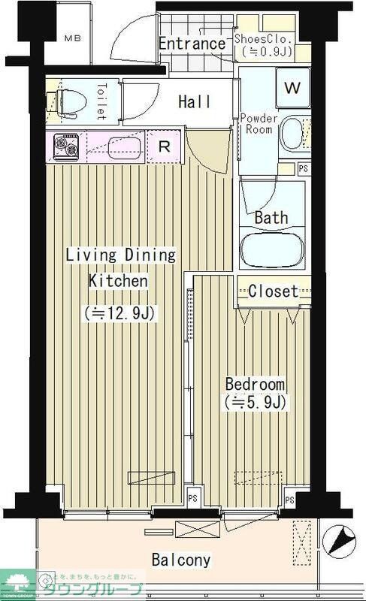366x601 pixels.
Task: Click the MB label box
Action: tap(71, 38)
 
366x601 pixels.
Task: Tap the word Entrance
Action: tap(192, 44)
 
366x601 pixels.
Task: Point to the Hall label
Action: tap(194, 101)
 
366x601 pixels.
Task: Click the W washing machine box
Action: tap(292, 88)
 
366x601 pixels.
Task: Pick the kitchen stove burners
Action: tap(65, 147)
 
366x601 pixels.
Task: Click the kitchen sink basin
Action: tap(124, 146)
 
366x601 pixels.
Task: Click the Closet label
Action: tap(273, 291)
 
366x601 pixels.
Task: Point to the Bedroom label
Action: tap(256, 384)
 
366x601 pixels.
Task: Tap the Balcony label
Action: tap(180, 560)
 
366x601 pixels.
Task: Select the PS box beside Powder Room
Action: tap(302, 169)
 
